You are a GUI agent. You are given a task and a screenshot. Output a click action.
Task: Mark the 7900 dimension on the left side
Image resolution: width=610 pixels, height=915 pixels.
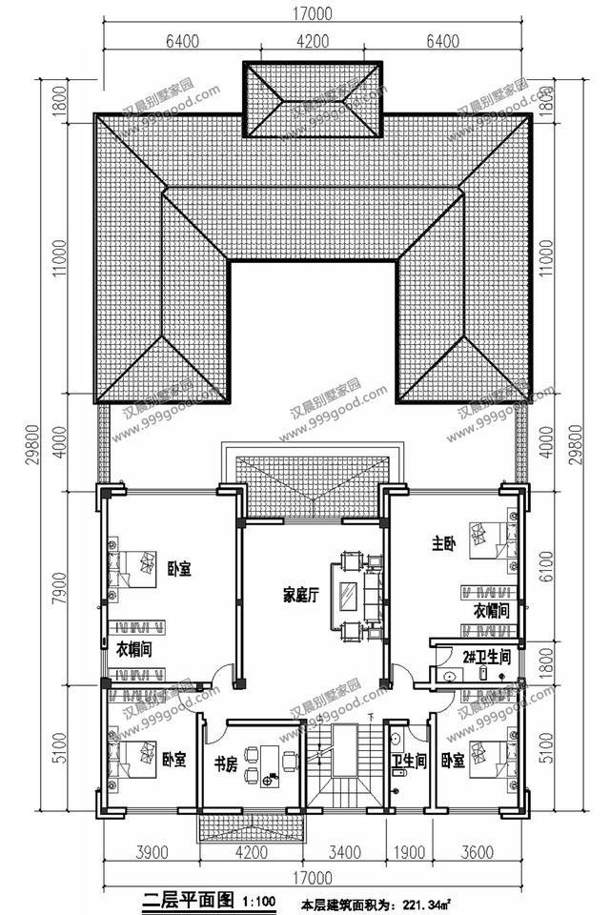(x=59, y=586)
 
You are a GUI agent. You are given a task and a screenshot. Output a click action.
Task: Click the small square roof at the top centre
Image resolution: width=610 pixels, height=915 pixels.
(x=314, y=99)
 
